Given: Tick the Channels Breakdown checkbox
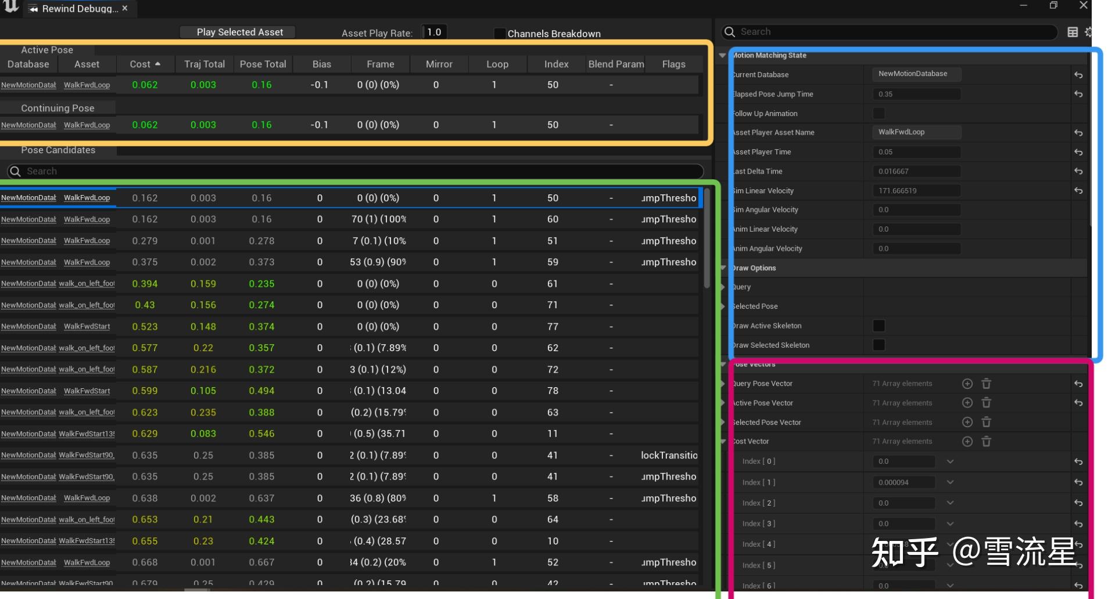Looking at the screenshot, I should pos(499,33).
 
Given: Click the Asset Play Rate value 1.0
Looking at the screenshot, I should pos(434,32).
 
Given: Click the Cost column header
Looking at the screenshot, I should pos(145,64).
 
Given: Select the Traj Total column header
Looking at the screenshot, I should pos(204,64).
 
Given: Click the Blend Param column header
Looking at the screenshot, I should pos(615,64).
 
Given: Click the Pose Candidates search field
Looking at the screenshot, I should pos(354,171).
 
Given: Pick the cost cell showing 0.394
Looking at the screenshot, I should pos(145,284).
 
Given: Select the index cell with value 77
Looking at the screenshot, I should pos(552,327).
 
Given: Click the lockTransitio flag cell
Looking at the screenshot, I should pos(669,455).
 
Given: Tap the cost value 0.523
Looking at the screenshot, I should pos(145,327).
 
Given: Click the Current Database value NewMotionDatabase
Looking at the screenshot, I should pos(915,74).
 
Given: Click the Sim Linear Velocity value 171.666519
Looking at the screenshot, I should pos(915,190).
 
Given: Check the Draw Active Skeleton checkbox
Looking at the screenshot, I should pos(878,326).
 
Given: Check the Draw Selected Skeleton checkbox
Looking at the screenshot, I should pos(878,345).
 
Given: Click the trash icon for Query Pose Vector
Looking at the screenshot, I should pos(986,384).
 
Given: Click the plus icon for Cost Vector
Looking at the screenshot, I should pos(967,442).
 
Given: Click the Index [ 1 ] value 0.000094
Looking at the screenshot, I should pos(902,482).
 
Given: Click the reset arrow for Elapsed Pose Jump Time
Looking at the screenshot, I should pos(1078,94).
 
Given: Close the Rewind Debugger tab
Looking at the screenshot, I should pos(125,8).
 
